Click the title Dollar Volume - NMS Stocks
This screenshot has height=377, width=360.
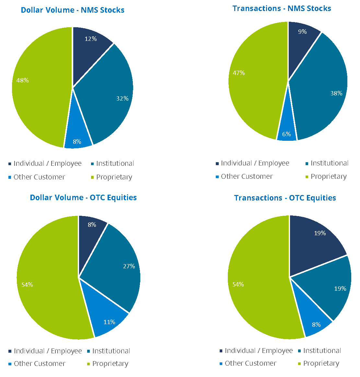73,10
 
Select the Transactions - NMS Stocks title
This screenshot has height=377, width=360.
282,8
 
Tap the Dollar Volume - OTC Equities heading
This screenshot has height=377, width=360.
83,198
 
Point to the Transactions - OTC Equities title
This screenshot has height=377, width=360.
285,198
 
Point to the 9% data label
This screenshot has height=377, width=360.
302,32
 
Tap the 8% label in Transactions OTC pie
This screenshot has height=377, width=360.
316,325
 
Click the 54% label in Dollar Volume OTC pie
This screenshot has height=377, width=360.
27,285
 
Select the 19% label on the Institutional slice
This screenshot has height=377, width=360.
340,289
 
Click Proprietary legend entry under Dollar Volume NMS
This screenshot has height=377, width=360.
114,177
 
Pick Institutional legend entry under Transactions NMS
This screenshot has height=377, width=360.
329,163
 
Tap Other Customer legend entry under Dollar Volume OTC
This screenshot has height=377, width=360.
40,364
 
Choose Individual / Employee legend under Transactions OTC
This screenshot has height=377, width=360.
259,351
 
